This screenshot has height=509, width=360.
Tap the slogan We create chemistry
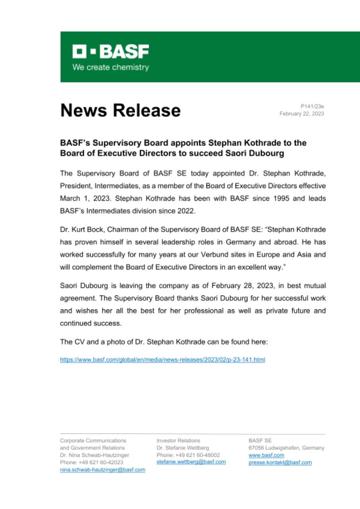click(x=111, y=67)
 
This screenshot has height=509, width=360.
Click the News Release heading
click(x=120, y=110)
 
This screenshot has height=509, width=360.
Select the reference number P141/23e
click(x=312, y=106)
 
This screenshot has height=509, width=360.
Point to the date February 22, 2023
click(x=302, y=114)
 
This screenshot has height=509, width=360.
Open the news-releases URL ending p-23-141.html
click(x=162, y=360)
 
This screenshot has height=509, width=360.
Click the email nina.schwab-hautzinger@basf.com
click(x=102, y=470)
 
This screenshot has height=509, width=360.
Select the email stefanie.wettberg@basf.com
click(x=191, y=462)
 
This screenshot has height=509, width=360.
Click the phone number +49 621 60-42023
click(x=101, y=462)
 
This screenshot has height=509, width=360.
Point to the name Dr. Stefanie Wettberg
click(x=183, y=448)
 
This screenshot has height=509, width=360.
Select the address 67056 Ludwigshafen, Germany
click(x=286, y=448)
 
